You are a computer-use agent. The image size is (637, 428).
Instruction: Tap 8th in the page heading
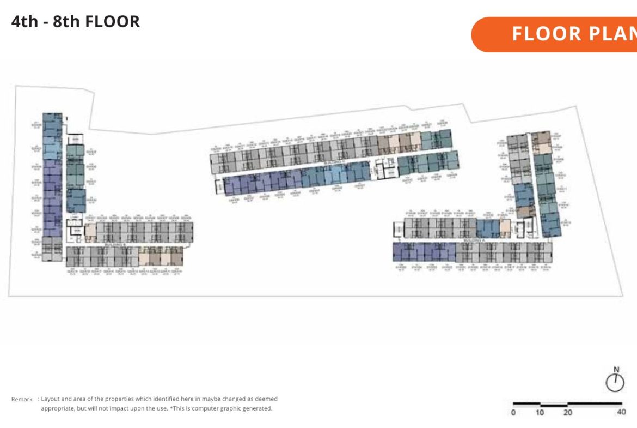click(x=66, y=22)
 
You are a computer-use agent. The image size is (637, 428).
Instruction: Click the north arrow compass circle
click(x=615, y=383)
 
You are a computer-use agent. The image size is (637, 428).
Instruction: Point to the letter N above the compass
click(x=616, y=369)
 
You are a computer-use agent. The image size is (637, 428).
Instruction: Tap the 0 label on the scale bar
click(x=513, y=413)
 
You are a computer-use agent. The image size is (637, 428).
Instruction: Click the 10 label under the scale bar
click(x=540, y=413)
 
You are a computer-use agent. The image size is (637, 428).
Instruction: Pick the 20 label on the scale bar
click(x=567, y=413)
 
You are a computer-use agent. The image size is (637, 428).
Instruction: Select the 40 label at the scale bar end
click(x=621, y=413)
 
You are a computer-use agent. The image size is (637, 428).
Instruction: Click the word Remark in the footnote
click(x=22, y=400)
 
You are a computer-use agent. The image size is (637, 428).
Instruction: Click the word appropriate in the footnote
click(x=58, y=408)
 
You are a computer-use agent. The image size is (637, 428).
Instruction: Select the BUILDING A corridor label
click(x=474, y=240)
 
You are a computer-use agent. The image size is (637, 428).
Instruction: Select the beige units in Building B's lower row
click(x=161, y=256)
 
